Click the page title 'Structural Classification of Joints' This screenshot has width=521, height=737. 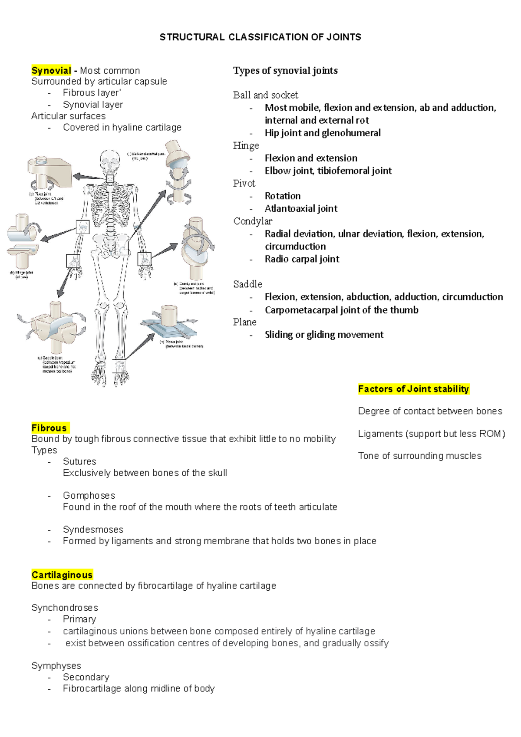click(260, 37)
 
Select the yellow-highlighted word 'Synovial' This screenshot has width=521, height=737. click(51, 71)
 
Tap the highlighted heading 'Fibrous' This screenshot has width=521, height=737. click(49, 428)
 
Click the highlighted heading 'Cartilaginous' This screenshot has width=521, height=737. click(62, 575)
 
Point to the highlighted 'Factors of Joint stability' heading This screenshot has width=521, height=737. click(413, 389)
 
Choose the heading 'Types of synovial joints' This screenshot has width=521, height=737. click(285, 71)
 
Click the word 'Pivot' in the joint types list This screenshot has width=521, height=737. click(244, 183)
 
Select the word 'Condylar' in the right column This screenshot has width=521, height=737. click(253, 221)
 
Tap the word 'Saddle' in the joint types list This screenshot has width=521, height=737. click(247, 284)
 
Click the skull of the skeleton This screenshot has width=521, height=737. click(109, 161)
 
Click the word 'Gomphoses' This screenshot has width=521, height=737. click(89, 496)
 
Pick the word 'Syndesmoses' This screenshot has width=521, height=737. click(93, 530)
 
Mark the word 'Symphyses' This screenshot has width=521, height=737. click(56, 666)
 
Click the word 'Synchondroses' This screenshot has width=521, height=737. click(65, 608)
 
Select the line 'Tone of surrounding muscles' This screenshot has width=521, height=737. click(420, 456)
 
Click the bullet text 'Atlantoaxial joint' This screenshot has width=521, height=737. click(301, 209)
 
